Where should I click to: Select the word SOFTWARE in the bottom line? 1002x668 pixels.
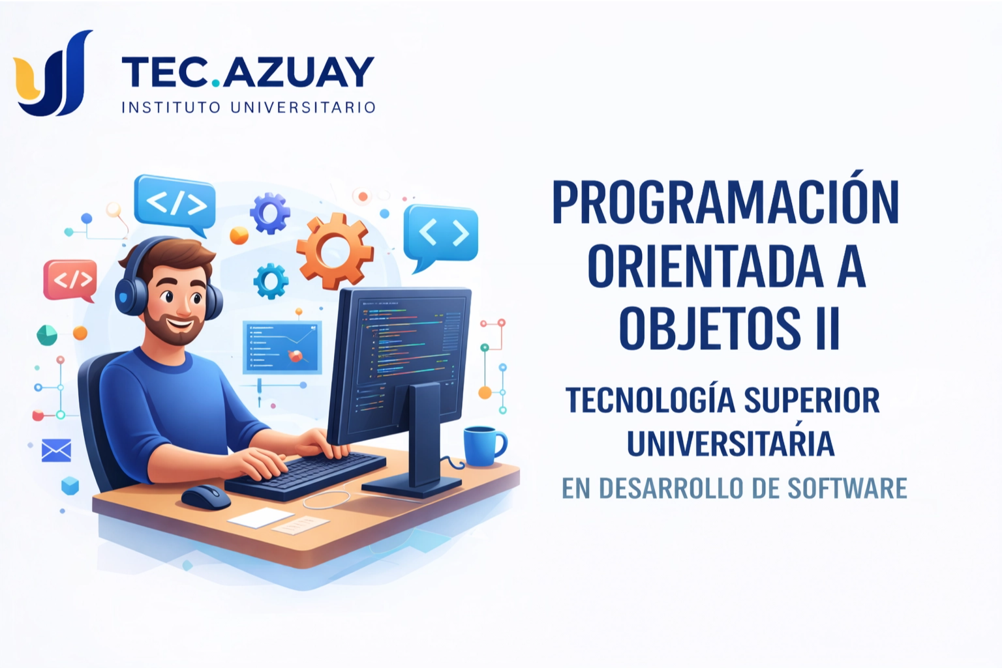(x=847, y=488)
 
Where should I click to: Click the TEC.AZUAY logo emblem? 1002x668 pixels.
(x=53, y=73)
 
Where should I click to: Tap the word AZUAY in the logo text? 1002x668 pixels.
(x=298, y=72)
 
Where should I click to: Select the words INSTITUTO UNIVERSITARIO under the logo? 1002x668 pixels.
(x=249, y=108)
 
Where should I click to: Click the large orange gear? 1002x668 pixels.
(x=335, y=251)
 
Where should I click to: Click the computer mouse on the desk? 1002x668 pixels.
(x=205, y=496)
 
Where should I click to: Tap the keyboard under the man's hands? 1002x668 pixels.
(x=305, y=474)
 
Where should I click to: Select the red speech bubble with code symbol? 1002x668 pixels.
(x=70, y=281)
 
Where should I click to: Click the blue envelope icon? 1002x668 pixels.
(x=56, y=450)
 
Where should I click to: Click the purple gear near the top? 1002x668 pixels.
(x=269, y=213)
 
